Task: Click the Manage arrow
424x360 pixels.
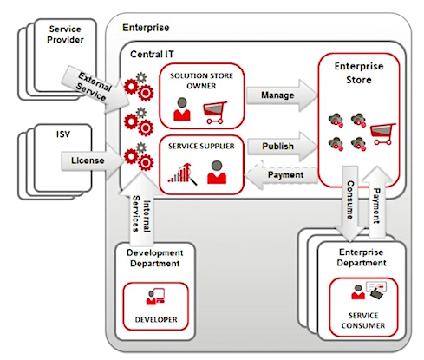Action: (x=282, y=95)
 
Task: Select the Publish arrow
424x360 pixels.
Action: (x=282, y=147)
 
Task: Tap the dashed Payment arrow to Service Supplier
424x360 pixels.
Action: (x=281, y=174)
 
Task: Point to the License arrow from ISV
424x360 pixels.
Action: (x=92, y=160)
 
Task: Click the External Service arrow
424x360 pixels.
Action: (x=95, y=88)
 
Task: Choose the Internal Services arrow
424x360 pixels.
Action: (x=141, y=210)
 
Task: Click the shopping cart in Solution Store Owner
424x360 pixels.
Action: (x=215, y=112)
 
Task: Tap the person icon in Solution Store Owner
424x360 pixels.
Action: (x=182, y=109)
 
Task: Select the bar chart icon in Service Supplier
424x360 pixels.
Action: (x=183, y=173)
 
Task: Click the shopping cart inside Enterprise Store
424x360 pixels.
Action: (x=382, y=134)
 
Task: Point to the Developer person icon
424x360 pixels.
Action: (x=155, y=296)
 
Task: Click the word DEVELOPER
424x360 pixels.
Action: (x=156, y=319)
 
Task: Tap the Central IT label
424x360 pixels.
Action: (x=152, y=54)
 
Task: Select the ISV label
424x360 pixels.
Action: (x=63, y=134)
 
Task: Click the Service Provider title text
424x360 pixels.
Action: (x=65, y=34)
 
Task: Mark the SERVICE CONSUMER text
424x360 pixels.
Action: (x=363, y=320)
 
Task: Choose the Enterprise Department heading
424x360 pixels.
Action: (x=362, y=258)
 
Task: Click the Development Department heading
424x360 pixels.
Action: (x=155, y=258)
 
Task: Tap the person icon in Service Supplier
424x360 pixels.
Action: (x=217, y=173)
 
